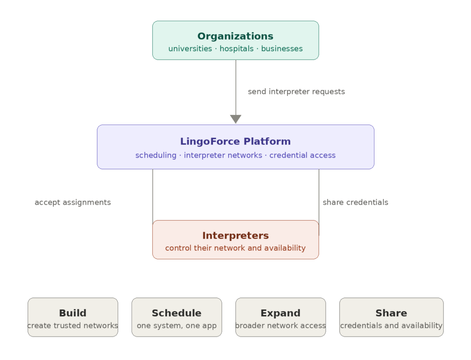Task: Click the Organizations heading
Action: [235, 36]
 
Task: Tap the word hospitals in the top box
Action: [236, 49]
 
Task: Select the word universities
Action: [190, 49]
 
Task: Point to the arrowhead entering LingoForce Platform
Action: [235, 119]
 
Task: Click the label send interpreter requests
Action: [296, 91]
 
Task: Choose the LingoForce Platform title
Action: [235, 141]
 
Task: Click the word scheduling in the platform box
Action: [155, 155]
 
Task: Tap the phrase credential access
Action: [302, 155]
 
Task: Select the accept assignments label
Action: [73, 202]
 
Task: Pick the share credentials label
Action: [355, 202]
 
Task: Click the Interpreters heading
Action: [235, 235]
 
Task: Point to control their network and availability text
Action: [235, 248]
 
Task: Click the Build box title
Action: [73, 313]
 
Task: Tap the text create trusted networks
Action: [73, 326]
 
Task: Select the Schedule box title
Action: [177, 313]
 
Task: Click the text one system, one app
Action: [177, 326]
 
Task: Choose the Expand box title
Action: [280, 313]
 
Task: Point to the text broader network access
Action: [280, 326]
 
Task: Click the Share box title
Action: [391, 313]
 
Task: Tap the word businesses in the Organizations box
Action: [281, 49]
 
